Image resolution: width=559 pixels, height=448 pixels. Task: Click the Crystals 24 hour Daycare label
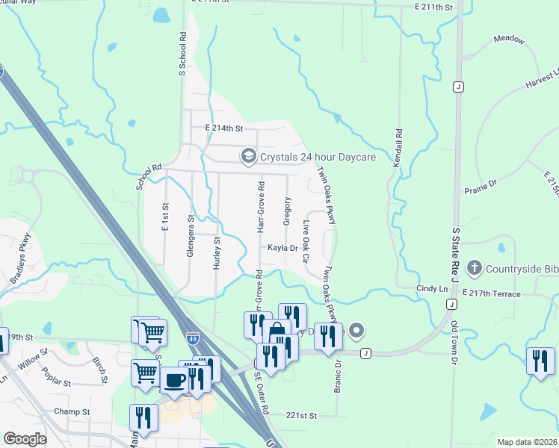click(x=317, y=157)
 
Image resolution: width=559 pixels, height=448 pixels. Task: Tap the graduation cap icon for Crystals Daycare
click(x=247, y=157)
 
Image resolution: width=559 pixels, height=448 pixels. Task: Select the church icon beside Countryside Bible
click(x=473, y=268)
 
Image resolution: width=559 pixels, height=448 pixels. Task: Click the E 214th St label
click(x=224, y=128)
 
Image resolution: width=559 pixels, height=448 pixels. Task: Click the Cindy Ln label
click(x=432, y=288)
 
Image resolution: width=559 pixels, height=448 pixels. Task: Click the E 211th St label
click(x=435, y=7)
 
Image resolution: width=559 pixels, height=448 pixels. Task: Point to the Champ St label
click(x=72, y=411)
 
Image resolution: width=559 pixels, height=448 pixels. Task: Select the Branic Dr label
click(x=338, y=376)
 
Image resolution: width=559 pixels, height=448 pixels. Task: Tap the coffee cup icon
click(x=175, y=379)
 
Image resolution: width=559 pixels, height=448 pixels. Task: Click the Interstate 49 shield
click(x=192, y=338)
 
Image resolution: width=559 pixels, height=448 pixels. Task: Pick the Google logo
click(x=25, y=440)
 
